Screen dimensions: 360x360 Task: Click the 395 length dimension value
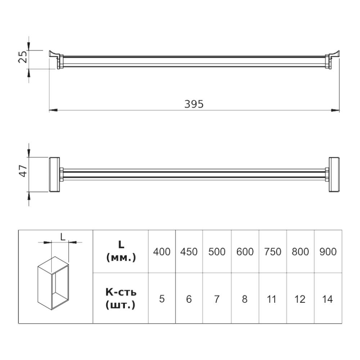pyautogui.click(x=194, y=104)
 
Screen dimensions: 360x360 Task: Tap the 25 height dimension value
pyautogui.click(x=23, y=57)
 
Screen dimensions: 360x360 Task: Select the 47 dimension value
pyautogui.click(x=23, y=171)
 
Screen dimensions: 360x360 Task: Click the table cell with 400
pyautogui.click(x=162, y=252)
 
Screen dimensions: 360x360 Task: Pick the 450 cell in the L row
pyautogui.click(x=189, y=252)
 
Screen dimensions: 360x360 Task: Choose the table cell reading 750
pyautogui.click(x=273, y=252)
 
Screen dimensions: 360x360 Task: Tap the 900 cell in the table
pyautogui.click(x=328, y=252)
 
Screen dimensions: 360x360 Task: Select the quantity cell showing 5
pyautogui.click(x=162, y=299)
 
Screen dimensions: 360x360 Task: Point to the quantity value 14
pyautogui.click(x=327, y=299)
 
